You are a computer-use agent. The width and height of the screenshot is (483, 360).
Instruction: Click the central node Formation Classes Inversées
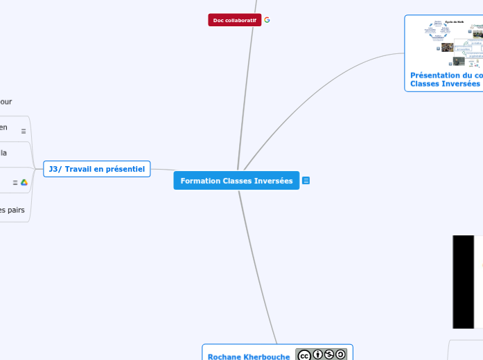[x=236, y=181]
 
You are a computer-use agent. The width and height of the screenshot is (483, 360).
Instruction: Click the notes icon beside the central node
[x=306, y=181]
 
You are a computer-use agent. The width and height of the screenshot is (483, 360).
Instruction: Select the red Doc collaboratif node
[x=234, y=20]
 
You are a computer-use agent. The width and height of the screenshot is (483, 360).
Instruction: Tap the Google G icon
[x=267, y=20]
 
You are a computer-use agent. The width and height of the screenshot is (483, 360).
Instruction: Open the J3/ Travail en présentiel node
[x=96, y=169]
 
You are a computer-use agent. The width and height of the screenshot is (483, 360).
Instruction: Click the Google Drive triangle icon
[x=24, y=182]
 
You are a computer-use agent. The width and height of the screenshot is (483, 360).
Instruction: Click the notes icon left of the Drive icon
[x=15, y=183]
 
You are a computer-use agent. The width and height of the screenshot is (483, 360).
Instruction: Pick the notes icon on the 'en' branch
[x=24, y=131]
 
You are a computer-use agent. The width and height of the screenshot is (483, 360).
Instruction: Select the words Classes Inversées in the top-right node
[x=444, y=83]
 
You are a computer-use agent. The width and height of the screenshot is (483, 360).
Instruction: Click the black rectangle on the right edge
[x=464, y=282]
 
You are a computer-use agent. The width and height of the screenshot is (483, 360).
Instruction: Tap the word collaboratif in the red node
[x=241, y=20]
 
